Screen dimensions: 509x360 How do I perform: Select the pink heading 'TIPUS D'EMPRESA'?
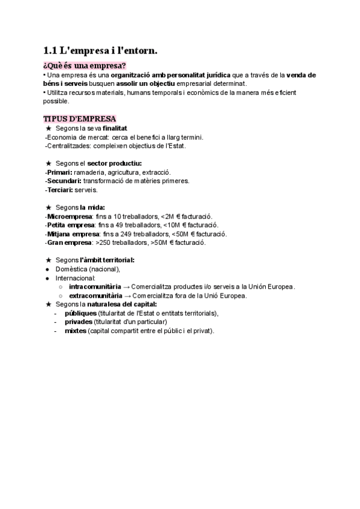[80, 118]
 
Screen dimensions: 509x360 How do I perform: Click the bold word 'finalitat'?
[115, 128]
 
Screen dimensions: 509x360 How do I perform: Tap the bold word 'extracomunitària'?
[96, 295]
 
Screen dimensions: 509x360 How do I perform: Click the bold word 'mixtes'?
[75, 331]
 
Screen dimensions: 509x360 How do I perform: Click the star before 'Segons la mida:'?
[49, 207]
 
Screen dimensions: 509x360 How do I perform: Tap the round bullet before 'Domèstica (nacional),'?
[48, 270]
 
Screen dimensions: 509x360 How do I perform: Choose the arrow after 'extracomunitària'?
[127, 295]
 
